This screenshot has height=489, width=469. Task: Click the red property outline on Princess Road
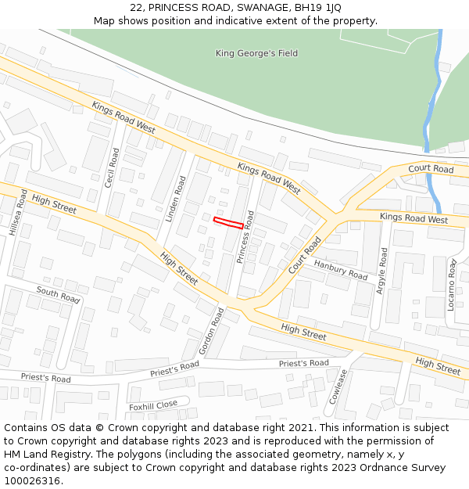228,223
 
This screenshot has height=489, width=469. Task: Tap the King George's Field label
256,53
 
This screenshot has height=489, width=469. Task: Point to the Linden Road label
176,200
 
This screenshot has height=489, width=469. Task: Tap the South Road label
58,295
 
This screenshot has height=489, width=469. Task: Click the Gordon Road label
211,330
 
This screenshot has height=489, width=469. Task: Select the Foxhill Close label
153,405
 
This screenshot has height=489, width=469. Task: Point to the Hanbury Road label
341,270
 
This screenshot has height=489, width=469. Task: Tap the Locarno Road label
452,286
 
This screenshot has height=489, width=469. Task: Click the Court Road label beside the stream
431,169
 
